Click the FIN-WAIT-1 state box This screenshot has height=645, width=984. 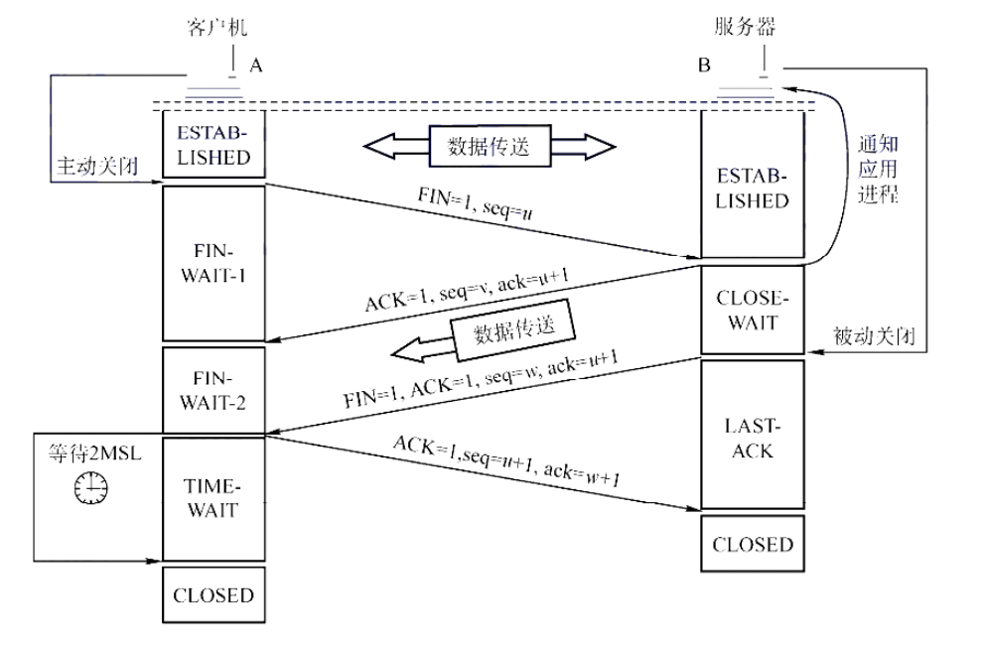click(x=213, y=260)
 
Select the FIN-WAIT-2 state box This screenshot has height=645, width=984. click(x=213, y=391)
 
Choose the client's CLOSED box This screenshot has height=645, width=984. click(x=213, y=595)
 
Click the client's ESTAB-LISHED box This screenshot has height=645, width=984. click(x=213, y=145)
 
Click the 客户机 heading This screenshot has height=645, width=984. click(x=215, y=26)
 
